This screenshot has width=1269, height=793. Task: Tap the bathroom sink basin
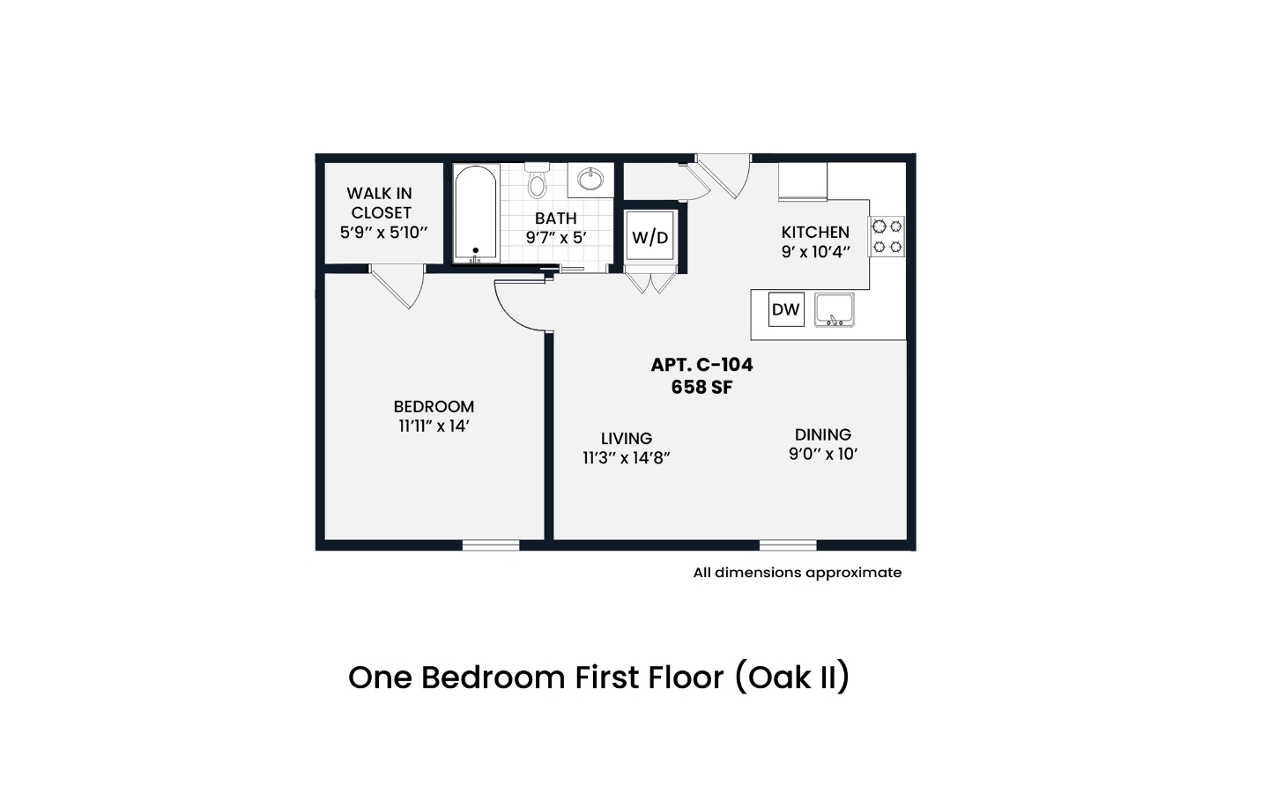[590, 180]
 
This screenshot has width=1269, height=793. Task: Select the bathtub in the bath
[476, 213]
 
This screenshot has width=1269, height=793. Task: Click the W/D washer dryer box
[649, 237]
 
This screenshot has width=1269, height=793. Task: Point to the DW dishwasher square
[786, 309]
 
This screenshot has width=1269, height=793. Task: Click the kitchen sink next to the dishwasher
[834, 310]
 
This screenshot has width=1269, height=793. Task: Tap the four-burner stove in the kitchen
[887, 236]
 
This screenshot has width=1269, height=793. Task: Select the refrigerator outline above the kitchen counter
[803, 182]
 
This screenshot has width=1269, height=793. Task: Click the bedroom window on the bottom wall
[491, 545]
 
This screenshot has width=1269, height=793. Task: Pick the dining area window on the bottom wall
[788, 545]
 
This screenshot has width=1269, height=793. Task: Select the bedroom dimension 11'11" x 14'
[434, 426]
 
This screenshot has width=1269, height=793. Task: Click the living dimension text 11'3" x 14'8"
[626, 457]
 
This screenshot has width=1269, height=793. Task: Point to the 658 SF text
[701, 388]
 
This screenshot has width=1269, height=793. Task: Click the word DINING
[822, 434]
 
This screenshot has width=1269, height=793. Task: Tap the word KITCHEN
[815, 233]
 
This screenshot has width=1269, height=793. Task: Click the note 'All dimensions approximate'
[797, 573]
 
